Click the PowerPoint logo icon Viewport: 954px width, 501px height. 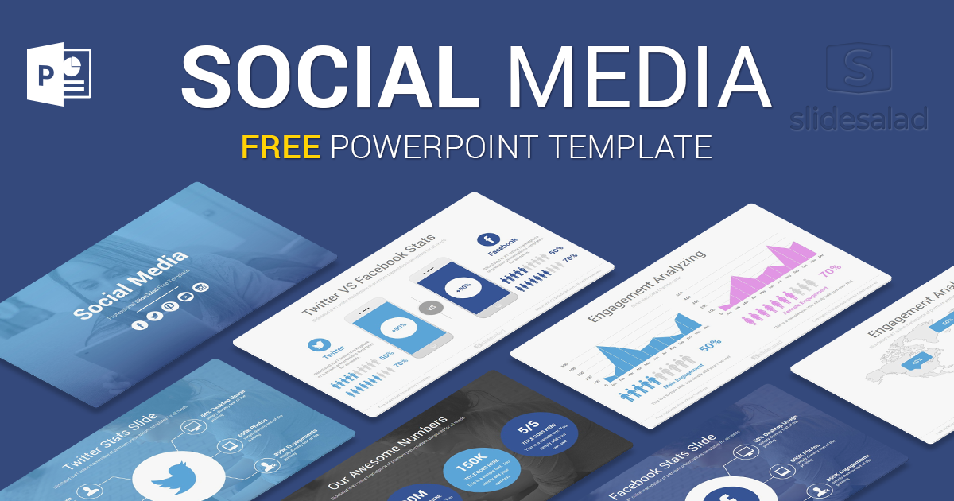pyautogui.click(x=59, y=76)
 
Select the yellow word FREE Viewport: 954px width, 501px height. pyautogui.click(x=281, y=146)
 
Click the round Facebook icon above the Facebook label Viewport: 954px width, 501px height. pyautogui.click(x=487, y=239)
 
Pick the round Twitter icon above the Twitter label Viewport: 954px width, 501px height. pyautogui.click(x=320, y=345)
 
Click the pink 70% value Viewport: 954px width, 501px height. pyautogui.click(x=829, y=270)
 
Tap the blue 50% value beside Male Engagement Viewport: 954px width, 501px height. pyautogui.click(x=710, y=345)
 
